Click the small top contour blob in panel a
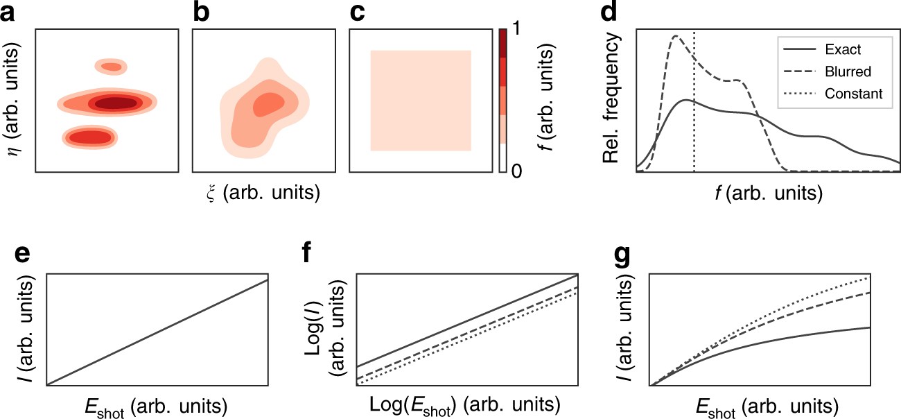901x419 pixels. [x=111, y=67]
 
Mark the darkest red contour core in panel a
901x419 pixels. [x=116, y=103]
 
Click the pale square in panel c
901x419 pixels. [x=421, y=101]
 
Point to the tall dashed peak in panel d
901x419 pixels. [x=676, y=37]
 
